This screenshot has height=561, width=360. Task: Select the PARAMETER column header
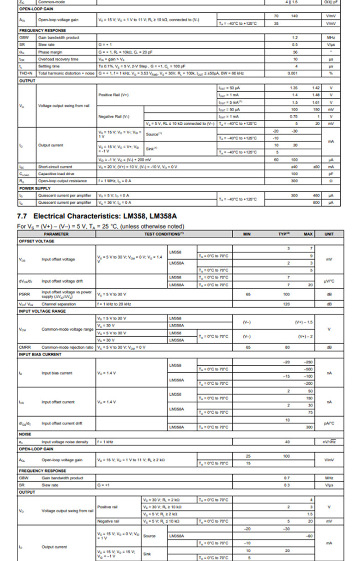57,234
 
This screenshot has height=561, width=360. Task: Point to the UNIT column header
329,234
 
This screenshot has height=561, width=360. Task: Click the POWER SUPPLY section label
35,189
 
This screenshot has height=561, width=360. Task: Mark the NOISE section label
25,434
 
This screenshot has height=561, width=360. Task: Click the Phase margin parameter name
50,52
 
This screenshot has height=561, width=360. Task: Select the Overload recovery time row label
58,59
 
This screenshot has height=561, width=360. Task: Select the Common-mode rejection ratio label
67,347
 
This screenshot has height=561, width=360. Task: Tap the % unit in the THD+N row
331,73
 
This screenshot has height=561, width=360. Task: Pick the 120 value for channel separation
286,304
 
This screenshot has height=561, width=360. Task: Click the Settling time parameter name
49,66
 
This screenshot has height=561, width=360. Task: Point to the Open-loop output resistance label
62,181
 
